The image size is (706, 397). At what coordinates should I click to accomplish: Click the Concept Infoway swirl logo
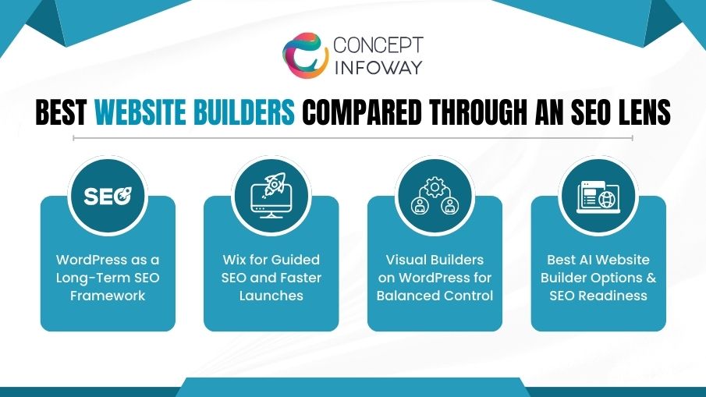(305, 55)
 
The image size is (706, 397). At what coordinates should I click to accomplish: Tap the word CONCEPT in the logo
(378, 44)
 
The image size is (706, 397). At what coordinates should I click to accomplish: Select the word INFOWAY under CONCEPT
(378, 67)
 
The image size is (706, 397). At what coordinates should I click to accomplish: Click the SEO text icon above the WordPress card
(108, 195)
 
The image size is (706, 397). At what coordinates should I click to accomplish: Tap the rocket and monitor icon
(271, 195)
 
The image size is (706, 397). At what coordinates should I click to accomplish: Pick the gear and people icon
(435, 195)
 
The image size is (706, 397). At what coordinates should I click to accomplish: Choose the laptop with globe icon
(598, 195)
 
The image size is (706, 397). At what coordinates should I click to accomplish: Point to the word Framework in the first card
(108, 296)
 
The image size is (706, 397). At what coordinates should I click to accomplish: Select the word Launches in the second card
(271, 296)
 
